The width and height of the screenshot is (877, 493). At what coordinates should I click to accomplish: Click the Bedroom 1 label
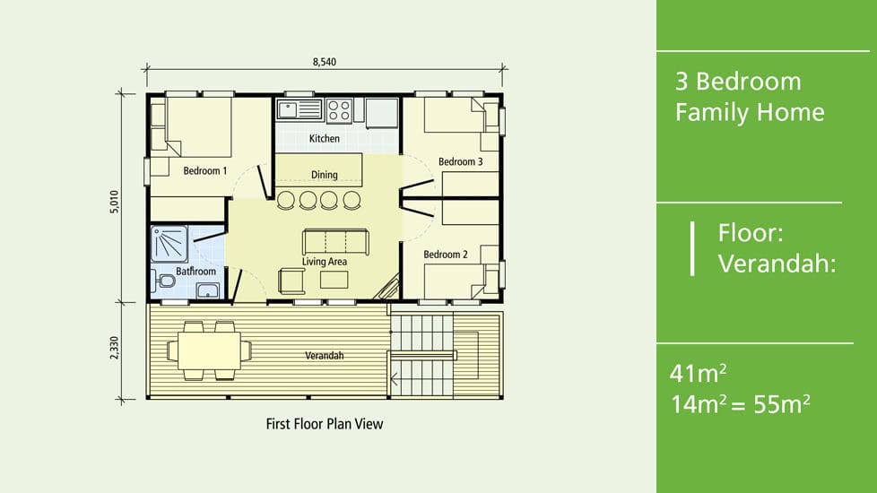click(205, 170)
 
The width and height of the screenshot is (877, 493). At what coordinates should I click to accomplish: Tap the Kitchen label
click(325, 138)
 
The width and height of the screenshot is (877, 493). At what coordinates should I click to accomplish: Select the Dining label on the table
click(325, 175)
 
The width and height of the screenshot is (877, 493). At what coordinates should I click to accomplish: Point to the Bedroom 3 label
click(460, 161)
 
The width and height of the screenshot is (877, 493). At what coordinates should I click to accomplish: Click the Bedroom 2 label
click(445, 255)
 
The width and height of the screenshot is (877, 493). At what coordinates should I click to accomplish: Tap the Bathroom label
click(195, 271)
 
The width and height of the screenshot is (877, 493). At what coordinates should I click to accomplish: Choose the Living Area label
click(325, 262)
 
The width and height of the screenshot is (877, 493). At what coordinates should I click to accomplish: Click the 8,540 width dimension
click(325, 62)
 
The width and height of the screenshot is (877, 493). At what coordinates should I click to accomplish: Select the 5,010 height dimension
click(114, 202)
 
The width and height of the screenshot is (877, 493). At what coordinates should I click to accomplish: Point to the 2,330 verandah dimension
click(114, 348)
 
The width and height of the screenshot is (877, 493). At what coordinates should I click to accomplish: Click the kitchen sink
click(300, 109)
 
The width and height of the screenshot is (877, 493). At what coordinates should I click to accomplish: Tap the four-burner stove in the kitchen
click(339, 110)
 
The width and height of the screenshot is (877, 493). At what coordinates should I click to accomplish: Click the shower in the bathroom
click(169, 244)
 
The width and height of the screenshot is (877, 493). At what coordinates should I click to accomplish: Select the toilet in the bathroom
click(163, 281)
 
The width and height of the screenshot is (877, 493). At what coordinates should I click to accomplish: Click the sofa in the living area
click(335, 242)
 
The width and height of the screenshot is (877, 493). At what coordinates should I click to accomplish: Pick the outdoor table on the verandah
click(209, 350)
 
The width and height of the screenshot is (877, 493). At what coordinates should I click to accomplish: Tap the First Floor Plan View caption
click(325, 424)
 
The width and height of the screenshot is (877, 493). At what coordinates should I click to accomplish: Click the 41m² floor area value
click(698, 374)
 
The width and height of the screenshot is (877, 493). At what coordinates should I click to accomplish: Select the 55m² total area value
click(781, 404)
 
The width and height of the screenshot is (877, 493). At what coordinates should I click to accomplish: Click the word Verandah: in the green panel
click(777, 263)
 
